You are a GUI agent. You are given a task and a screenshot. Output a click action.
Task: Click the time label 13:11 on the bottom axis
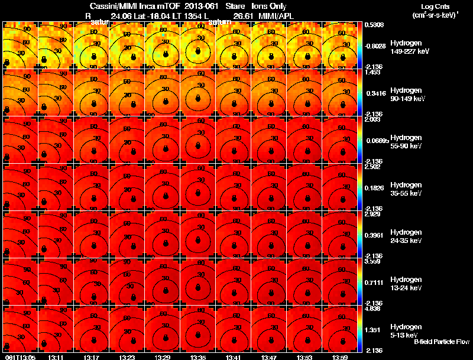point(56,357)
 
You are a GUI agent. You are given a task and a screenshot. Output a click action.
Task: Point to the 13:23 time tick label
point(127,357)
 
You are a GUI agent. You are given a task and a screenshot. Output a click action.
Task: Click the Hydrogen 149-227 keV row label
point(409,47)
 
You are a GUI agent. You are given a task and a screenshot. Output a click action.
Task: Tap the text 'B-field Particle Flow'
point(442,342)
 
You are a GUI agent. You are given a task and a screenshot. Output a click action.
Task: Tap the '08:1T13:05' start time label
point(19,357)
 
